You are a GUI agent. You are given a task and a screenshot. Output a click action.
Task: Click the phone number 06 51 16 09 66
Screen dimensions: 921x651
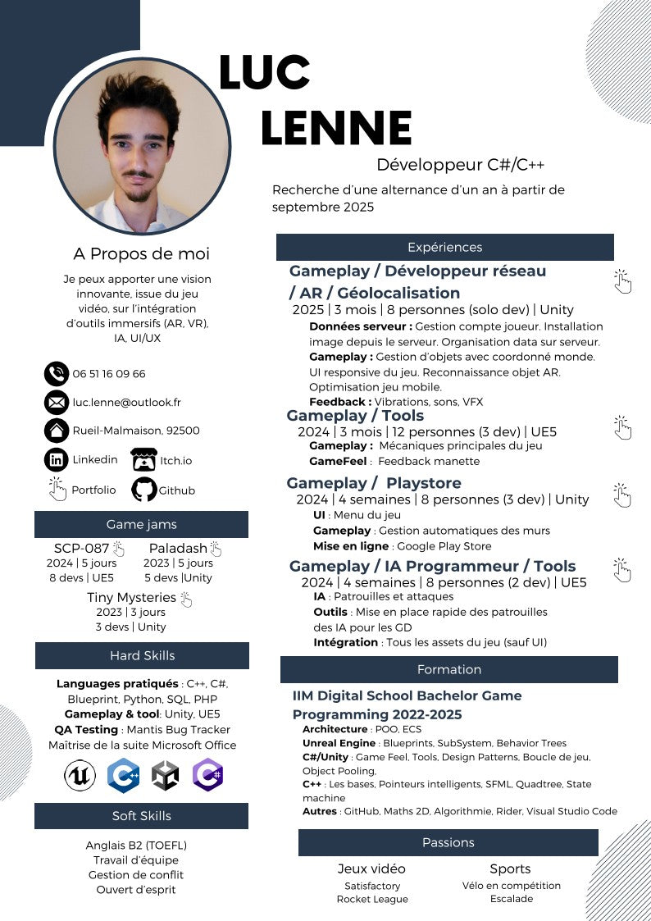coord(109,374)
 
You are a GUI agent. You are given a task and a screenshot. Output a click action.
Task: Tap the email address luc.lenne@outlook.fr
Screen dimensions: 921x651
coord(126,403)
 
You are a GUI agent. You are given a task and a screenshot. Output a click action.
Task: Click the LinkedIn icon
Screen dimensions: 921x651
coord(56,460)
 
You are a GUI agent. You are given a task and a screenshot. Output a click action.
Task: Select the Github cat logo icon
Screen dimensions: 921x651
coord(144,490)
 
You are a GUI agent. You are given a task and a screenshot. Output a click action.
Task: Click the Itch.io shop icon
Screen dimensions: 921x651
coord(144,460)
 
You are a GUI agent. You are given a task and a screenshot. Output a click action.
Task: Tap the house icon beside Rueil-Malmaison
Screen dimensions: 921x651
coord(56,431)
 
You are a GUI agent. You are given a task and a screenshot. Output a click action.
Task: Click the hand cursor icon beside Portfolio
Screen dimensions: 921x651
coord(57,489)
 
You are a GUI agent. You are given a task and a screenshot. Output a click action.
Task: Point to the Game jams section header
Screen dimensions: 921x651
coord(141,525)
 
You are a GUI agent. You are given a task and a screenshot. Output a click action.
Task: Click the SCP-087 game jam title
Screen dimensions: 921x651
coord(81,549)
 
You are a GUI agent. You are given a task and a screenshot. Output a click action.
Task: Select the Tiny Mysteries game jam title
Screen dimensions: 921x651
coord(131,598)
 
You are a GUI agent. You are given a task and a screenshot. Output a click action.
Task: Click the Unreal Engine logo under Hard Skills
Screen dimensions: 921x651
coord(80,775)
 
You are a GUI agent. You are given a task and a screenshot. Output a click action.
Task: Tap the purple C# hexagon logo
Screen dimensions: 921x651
coord(207,775)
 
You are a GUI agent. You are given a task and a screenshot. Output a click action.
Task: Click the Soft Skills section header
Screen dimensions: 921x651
coord(141,816)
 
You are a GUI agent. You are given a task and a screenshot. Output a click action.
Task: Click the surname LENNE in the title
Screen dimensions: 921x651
coord(336,128)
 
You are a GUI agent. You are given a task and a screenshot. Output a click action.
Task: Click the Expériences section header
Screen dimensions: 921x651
coord(444,247)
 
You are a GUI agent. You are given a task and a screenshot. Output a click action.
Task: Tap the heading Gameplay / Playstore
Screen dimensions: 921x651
coord(374,483)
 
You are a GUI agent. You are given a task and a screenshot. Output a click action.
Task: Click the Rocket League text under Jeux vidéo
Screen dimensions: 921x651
coord(372,899)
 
